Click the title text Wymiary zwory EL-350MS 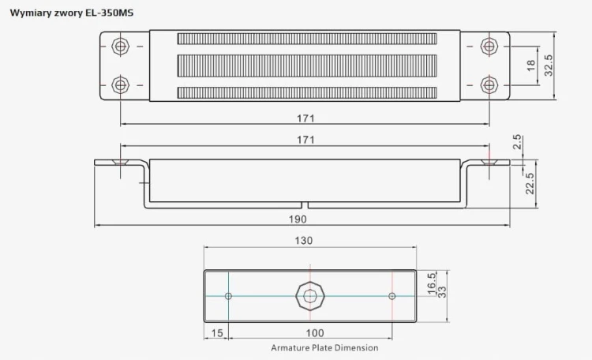(x=72, y=13)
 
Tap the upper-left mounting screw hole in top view (x=121, y=47)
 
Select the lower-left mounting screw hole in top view (x=121, y=85)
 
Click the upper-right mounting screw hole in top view (x=489, y=47)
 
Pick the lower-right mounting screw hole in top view (x=489, y=85)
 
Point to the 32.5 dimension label (x=549, y=66)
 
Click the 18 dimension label (x=531, y=66)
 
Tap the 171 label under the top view (x=305, y=118)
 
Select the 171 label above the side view (x=305, y=140)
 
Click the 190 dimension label (x=298, y=219)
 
